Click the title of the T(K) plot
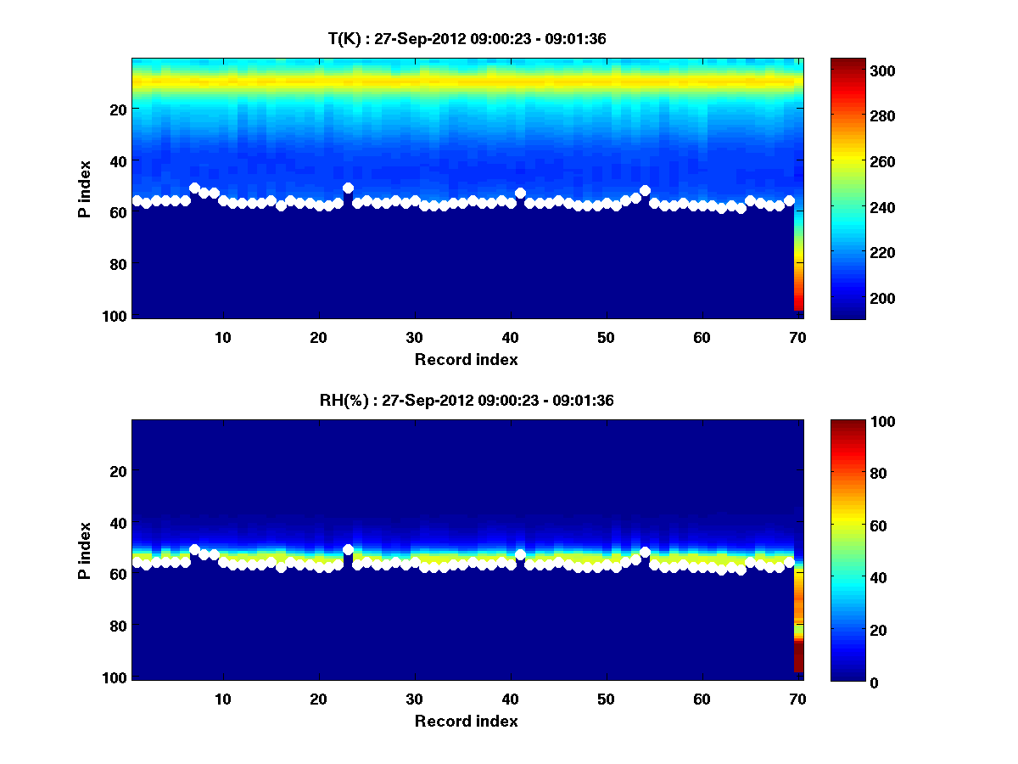[x=467, y=39]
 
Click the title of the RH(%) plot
[x=467, y=401]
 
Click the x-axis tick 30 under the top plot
[x=414, y=336]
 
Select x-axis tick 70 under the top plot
[x=797, y=336]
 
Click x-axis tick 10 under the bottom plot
[x=222, y=699]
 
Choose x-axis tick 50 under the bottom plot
[x=606, y=699]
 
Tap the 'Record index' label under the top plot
[x=467, y=359]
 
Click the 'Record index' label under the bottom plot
[x=467, y=722]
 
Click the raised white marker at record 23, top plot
[x=348, y=188]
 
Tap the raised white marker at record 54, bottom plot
[x=645, y=553]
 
